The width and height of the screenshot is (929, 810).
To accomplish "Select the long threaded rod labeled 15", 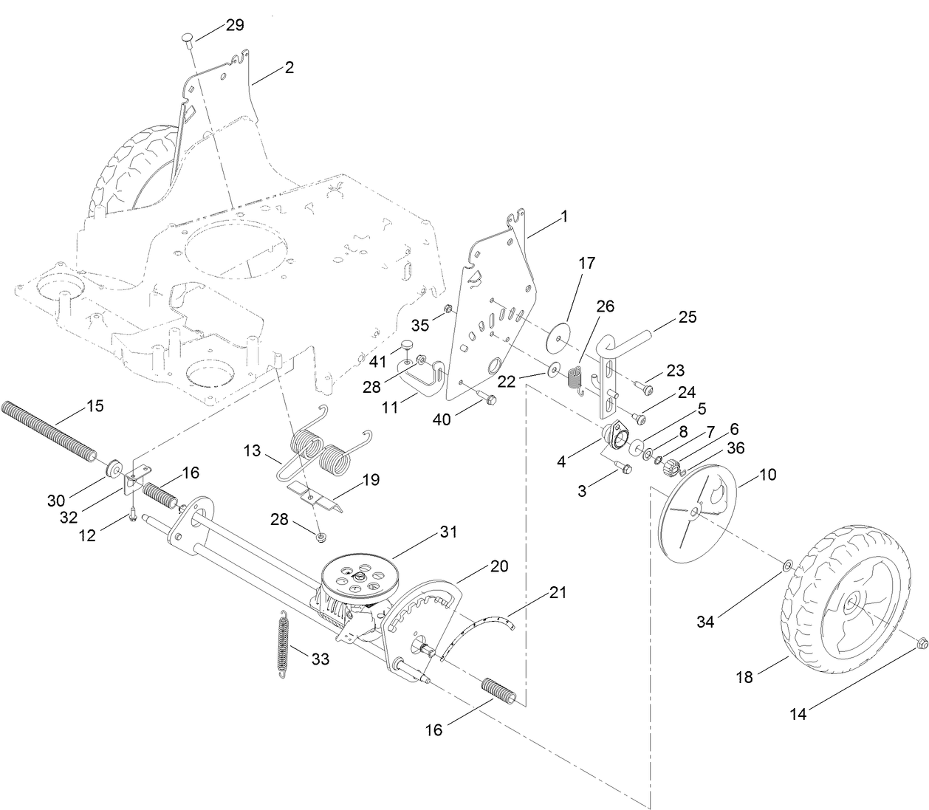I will click(x=48, y=431).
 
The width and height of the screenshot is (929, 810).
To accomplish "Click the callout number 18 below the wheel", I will click(x=744, y=676).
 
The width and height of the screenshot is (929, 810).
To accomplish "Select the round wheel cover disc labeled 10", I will click(x=698, y=512).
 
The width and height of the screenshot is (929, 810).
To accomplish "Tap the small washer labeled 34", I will click(x=787, y=566).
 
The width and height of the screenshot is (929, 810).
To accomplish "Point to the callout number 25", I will click(x=687, y=318).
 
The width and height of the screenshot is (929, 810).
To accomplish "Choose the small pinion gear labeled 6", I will click(x=672, y=467).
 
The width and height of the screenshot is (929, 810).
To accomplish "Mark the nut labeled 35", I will click(x=448, y=309).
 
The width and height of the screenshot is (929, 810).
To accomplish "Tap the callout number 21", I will click(x=557, y=592).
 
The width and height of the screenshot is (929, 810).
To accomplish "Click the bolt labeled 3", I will click(x=625, y=468).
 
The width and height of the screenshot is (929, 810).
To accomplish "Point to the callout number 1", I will click(x=564, y=216).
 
